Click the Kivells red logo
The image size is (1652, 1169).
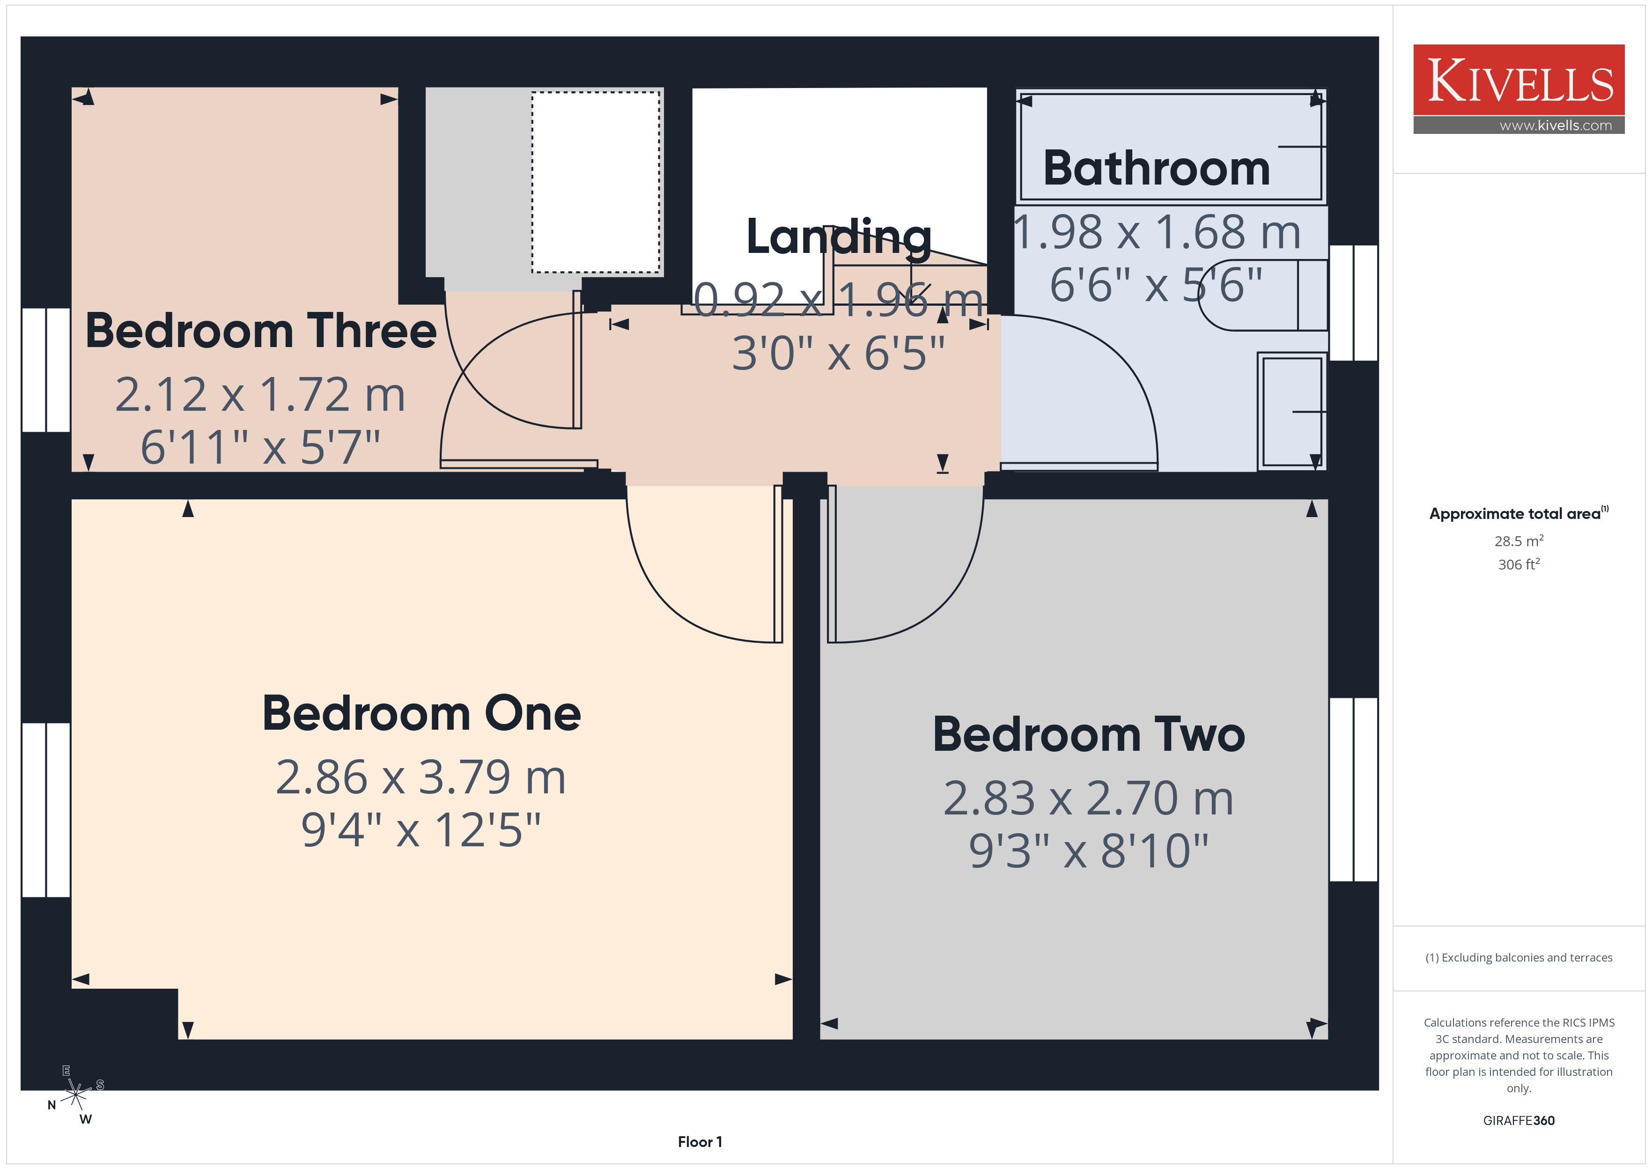point(1518,80)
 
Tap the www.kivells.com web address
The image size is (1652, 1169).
point(1556,125)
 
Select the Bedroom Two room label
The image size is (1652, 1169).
point(1089,734)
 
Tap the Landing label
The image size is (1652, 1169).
point(839,237)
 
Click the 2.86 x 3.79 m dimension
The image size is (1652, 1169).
point(421,777)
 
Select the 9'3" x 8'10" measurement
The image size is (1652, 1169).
point(1089,851)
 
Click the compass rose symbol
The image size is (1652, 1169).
point(75,1095)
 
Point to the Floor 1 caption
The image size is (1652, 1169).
point(700,1142)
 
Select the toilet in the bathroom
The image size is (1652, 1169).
point(1263,295)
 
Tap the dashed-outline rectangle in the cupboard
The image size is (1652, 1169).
point(596,182)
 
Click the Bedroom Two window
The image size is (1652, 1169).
point(1353,790)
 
